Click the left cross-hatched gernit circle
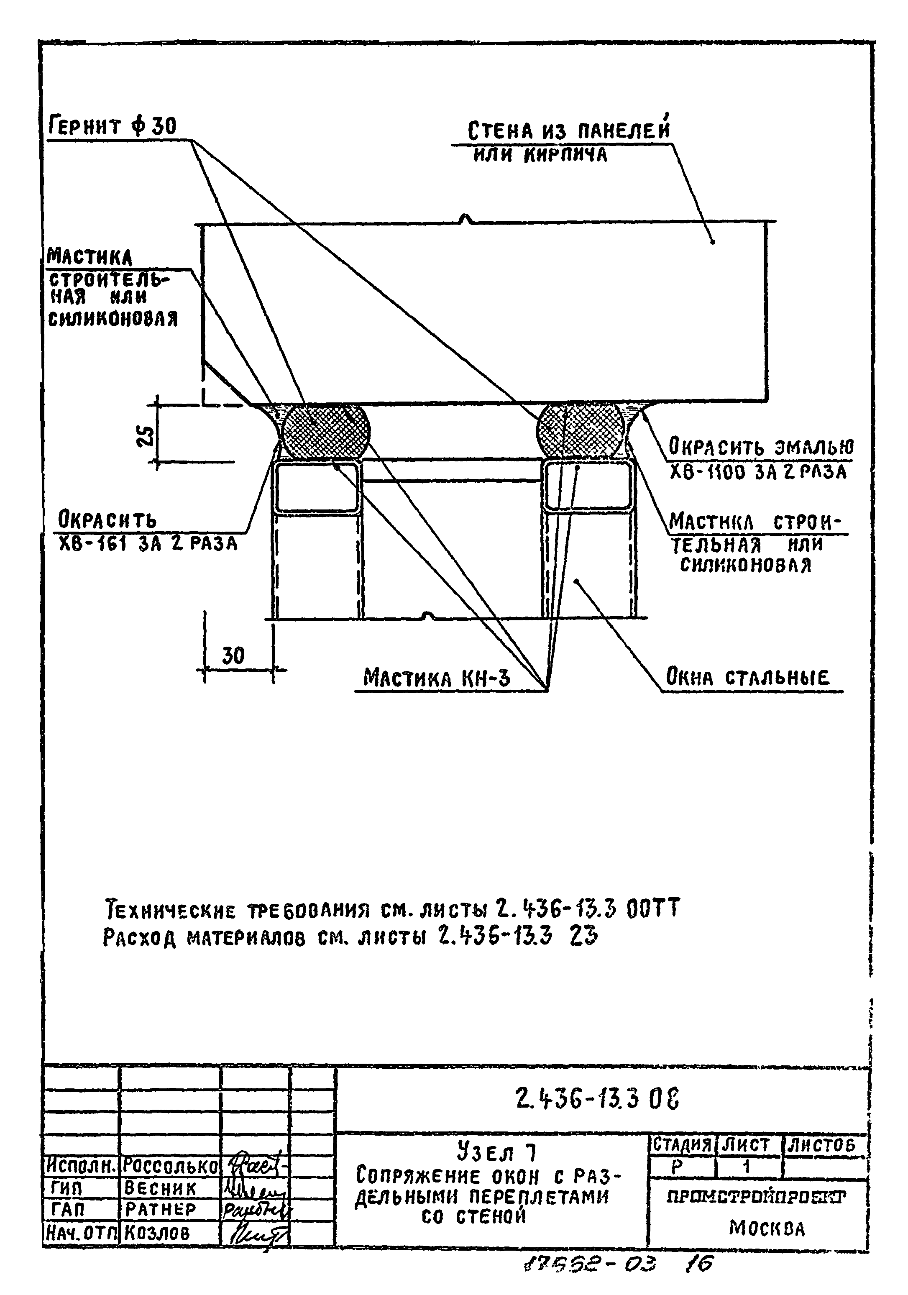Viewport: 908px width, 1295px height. (x=326, y=432)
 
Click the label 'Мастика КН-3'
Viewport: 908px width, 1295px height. (x=437, y=677)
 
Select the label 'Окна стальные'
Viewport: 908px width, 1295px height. (x=748, y=676)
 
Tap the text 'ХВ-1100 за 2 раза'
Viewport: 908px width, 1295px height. (x=757, y=472)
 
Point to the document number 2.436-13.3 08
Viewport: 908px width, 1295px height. (x=597, y=1098)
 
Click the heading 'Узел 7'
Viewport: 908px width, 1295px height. (x=496, y=1151)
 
